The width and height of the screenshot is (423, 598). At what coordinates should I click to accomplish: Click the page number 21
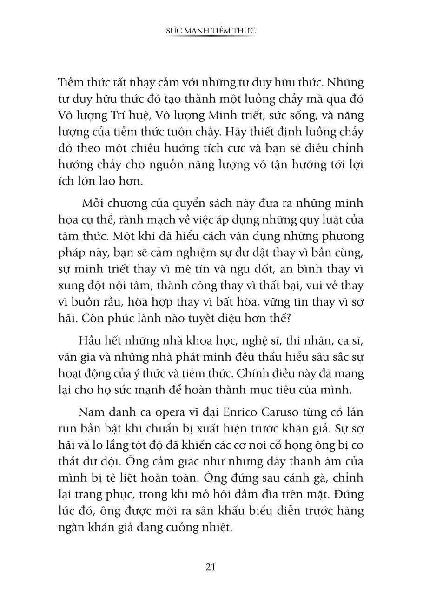click(211, 567)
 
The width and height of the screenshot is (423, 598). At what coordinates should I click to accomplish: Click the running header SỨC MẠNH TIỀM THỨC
click(211, 31)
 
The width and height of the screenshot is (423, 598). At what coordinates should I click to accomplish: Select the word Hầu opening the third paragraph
click(90, 340)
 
